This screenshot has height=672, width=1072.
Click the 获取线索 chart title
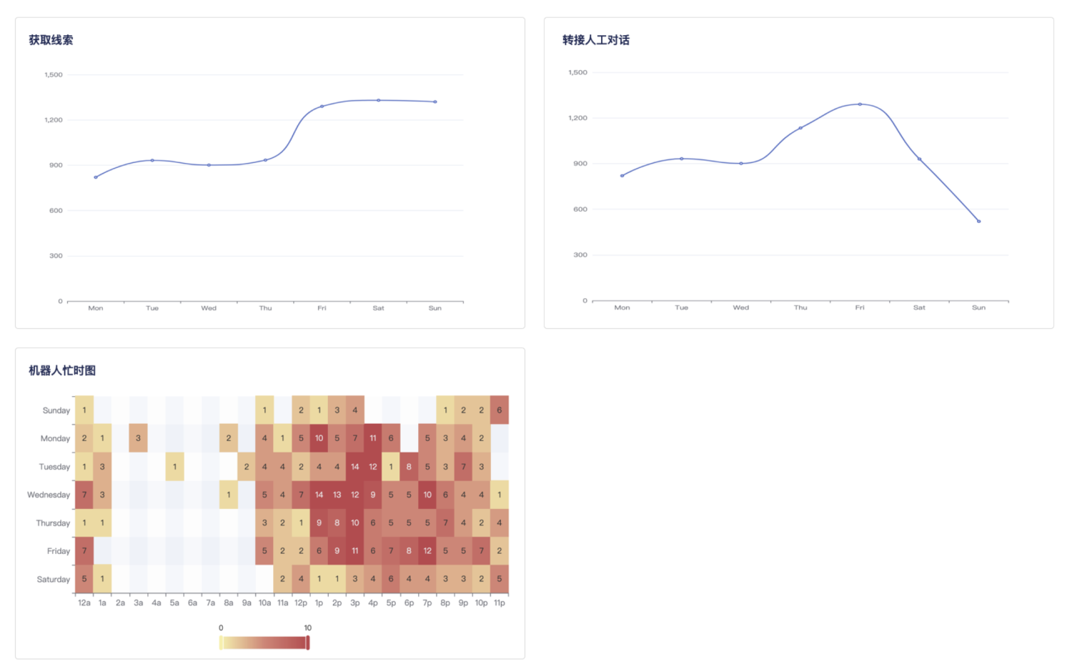[x=51, y=40]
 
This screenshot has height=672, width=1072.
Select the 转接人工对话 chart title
[x=596, y=40]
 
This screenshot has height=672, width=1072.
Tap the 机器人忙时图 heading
[x=62, y=370]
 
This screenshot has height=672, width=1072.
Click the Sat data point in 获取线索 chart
[x=379, y=101]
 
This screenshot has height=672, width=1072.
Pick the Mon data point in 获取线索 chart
[x=96, y=177]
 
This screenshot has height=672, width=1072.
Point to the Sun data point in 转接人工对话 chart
[x=978, y=221]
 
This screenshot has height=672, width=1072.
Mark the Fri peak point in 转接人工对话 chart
[x=860, y=104]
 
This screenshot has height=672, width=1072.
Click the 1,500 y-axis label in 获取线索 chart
[x=54, y=74]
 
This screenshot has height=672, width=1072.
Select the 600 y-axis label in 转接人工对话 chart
[x=580, y=209]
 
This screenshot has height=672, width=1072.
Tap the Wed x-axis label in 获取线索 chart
[x=209, y=308]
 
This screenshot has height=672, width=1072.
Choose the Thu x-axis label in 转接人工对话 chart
[x=800, y=307]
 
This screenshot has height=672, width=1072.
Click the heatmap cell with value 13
[x=337, y=495]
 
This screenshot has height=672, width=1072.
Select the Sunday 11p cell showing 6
[x=500, y=410]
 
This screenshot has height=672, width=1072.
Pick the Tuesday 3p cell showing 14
[x=355, y=467]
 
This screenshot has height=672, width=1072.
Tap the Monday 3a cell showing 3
[x=139, y=438]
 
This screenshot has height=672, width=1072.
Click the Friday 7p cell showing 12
[x=427, y=551]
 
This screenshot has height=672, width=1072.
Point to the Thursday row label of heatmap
[x=53, y=523]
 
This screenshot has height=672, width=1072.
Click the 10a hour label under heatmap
[x=264, y=603]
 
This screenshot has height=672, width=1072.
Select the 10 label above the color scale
[x=308, y=628]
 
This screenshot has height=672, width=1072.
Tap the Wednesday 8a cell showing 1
[x=229, y=495]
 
